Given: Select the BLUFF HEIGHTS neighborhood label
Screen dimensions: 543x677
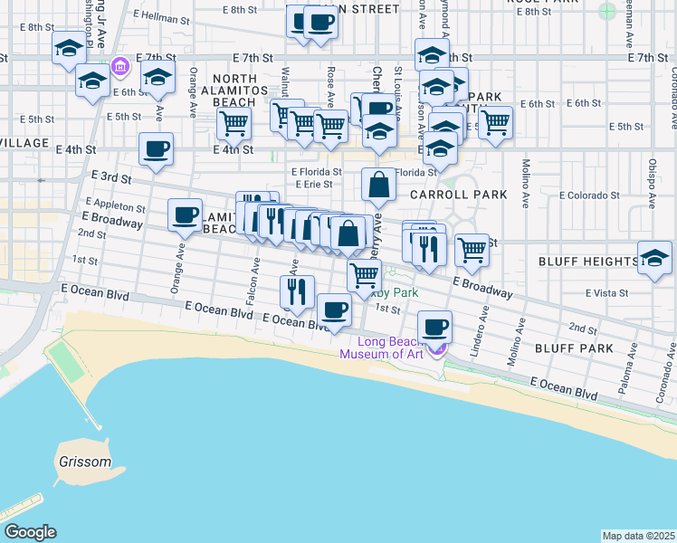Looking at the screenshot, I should pos(588,262).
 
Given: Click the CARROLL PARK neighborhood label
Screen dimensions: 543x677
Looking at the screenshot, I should pos(457,195).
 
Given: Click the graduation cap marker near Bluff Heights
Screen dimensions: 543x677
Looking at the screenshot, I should pos(654,257).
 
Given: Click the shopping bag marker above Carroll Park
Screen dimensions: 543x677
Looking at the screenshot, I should pos(379,186).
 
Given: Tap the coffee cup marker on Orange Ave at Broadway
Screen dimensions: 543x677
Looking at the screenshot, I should pos(186,215).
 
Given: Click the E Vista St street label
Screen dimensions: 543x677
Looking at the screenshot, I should pos(606,293).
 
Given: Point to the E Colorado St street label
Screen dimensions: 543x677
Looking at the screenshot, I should pos(586,195).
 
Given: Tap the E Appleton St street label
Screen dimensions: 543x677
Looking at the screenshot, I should pos(115,205).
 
